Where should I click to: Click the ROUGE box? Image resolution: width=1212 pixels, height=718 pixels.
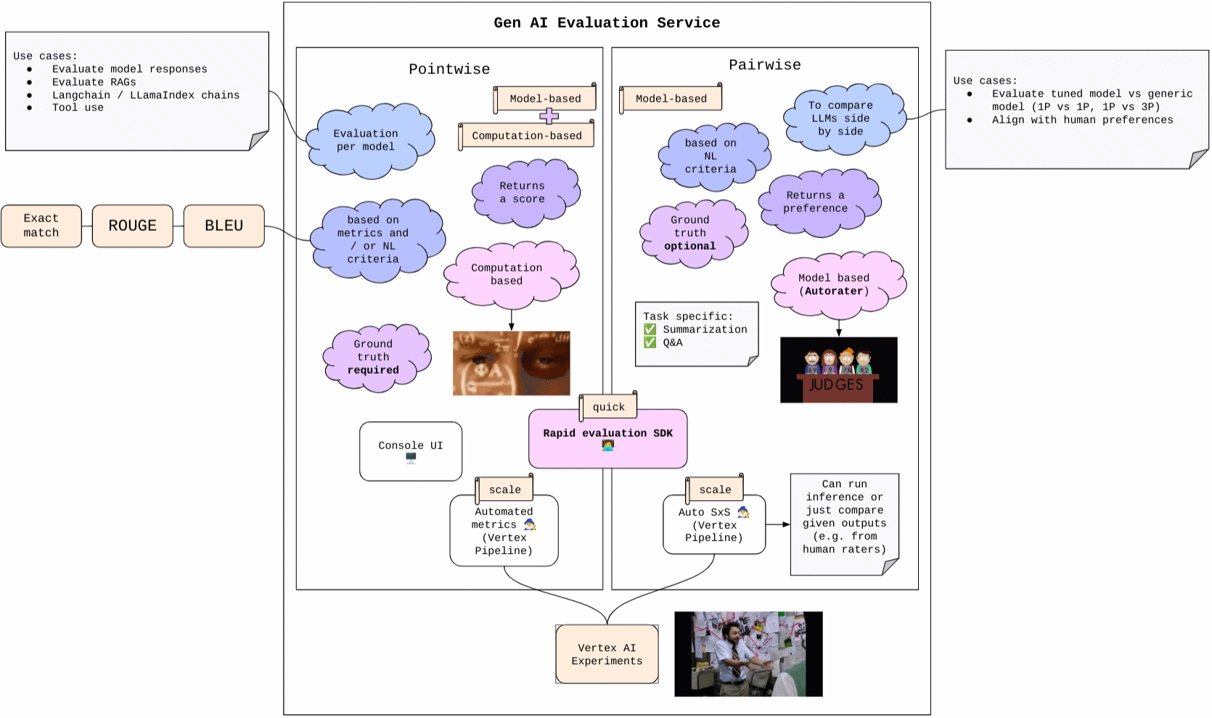pyautogui.click(x=132, y=226)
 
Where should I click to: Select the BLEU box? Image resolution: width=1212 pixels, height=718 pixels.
pyautogui.click(x=224, y=226)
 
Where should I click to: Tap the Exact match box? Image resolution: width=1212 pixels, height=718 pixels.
pyautogui.click(x=41, y=226)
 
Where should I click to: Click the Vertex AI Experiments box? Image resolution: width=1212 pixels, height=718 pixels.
pyautogui.click(x=607, y=654)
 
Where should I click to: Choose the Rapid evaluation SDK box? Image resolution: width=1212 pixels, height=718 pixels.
pyautogui.click(x=607, y=439)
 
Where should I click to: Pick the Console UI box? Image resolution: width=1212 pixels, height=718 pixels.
pyautogui.click(x=411, y=451)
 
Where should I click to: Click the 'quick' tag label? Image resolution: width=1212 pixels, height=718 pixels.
pyautogui.click(x=608, y=407)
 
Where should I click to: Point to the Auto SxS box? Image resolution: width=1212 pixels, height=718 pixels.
pyautogui.click(x=714, y=525)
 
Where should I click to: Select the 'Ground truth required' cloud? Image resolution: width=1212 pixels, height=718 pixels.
pyautogui.click(x=373, y=357)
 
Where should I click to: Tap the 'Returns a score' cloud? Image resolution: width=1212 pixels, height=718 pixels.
pyautogui.click(x=523, y=192)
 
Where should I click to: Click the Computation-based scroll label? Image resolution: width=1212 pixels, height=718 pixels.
pyautogui.click(x=527, y=136)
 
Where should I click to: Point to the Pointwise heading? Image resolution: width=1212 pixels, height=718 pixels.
pyautogui.click(x=449, y=69)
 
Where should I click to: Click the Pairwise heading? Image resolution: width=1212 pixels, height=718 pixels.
pyautogui.click(x=765, y=65)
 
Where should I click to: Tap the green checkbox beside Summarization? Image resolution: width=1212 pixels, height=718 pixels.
pyautogui.click(x=650, y=330)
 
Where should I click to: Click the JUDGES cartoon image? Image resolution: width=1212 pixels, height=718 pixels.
pyautogui.click(x=838, y=370)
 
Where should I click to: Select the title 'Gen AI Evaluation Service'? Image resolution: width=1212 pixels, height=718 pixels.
pyautogui.click(x=607, y=23)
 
